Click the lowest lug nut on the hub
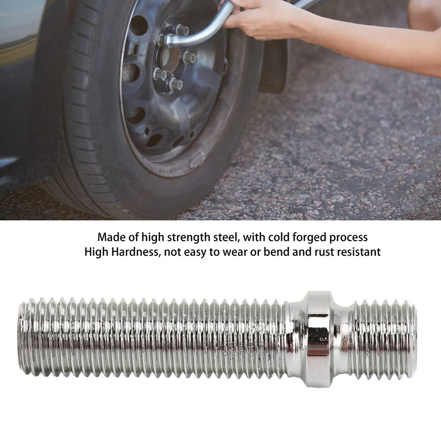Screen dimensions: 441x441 (x=175, y=84)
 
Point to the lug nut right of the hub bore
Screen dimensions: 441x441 (x=190, y=57)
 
